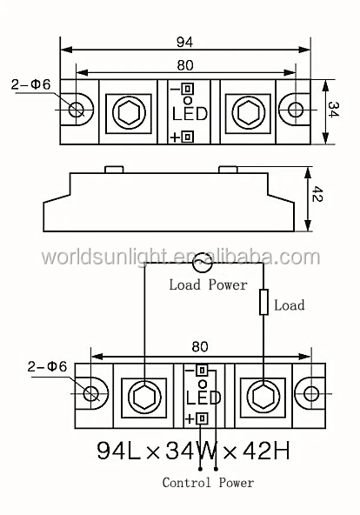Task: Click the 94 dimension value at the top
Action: pyautogui.click(x=184, y=42)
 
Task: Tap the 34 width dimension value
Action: pyautogui.click(x=333, y=110)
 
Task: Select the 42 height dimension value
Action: pyautogui.click(x=317, y=194)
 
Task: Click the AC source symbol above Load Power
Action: pyautogui.click(x=202, y=263)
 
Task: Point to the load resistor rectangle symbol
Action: pyautogui.click(x=263, y=302)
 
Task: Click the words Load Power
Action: pyautogui.click(x=208, y=284)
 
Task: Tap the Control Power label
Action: pyautogui.click(x=208, y=483)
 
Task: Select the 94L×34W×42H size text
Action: pyautogui.click(x=194, y=451)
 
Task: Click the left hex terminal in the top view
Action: pyautogui.click(x=129, y=113)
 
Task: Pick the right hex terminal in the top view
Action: pyautogui.click(x=248, y=113)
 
